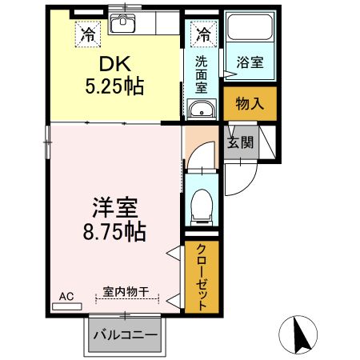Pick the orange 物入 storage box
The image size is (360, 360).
(250, 102)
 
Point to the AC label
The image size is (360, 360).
(66, 297)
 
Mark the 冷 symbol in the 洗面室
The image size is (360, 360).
(204, 34)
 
